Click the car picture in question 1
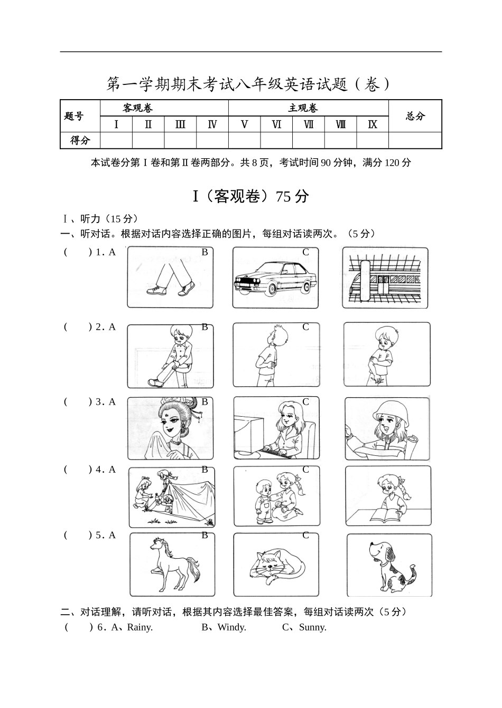pos(275,278)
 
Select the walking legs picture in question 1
pos(170,278)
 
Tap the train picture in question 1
pos(385,278)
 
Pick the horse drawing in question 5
pos(172,565)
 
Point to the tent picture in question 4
pos(172,497)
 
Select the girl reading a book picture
pos(388,496)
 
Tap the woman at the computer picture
pos(276,428)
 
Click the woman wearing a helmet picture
pos(387,428)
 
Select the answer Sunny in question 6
pos(312,627)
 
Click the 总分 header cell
pos(415,116)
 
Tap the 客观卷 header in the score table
pos(137,108)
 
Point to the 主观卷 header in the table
pos(303,108)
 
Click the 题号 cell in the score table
pos(74,116)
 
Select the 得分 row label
pos(80,140)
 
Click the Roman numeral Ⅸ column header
pos(373,125)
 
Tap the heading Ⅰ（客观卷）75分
pos(250,196)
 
